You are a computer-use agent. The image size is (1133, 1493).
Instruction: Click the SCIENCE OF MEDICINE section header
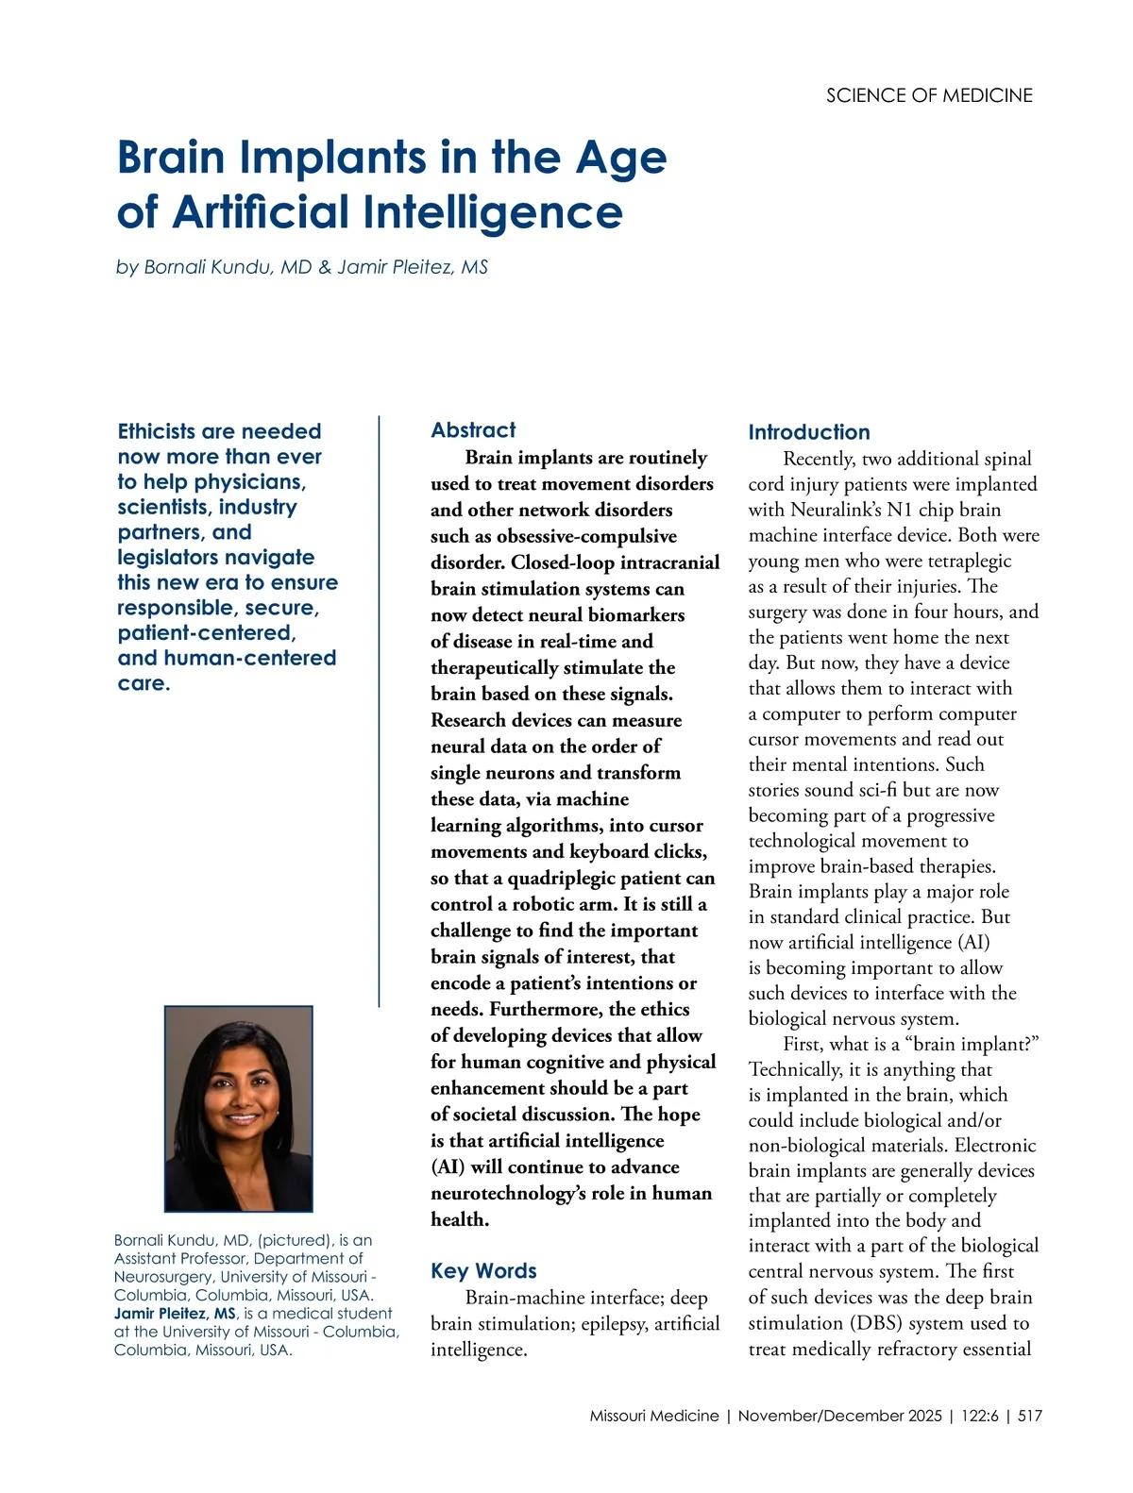(929, 95)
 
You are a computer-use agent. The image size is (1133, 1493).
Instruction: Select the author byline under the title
(302, 267)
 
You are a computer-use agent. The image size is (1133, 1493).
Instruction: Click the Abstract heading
(473, 430)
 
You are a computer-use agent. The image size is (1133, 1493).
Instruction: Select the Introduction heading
(809, 432)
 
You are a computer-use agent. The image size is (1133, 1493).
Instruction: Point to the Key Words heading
(483, 1271)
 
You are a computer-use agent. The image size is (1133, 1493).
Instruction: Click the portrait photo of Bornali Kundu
(239, 1108)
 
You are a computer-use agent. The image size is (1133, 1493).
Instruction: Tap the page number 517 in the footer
(1030, 1416)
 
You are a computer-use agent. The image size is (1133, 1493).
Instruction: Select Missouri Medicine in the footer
(653, 1416)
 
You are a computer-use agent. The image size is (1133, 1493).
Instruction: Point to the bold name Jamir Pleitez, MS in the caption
(175, 1314)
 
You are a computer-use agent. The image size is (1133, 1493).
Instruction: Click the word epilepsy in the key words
(614, 1324)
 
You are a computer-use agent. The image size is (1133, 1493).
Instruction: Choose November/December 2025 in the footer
(839, 1416)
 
